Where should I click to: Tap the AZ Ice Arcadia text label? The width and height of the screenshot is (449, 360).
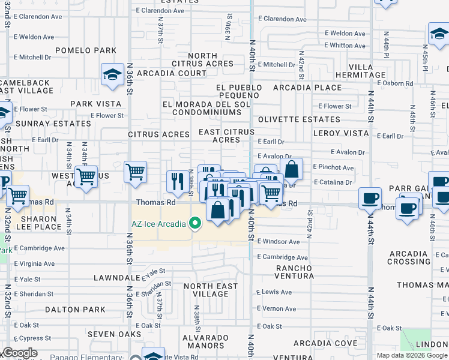click(159, 224)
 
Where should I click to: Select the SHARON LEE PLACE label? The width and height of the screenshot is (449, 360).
click(35, 222)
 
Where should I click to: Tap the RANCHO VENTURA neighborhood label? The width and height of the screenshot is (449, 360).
click(294, 272)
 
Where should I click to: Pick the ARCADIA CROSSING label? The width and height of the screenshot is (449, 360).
click(409, 257)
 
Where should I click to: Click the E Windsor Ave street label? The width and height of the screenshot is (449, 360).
click(278, 242)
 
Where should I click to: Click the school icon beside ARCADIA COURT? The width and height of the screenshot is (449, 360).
click(112, 74)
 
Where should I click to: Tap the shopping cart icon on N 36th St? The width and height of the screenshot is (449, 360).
click(136, 172)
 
